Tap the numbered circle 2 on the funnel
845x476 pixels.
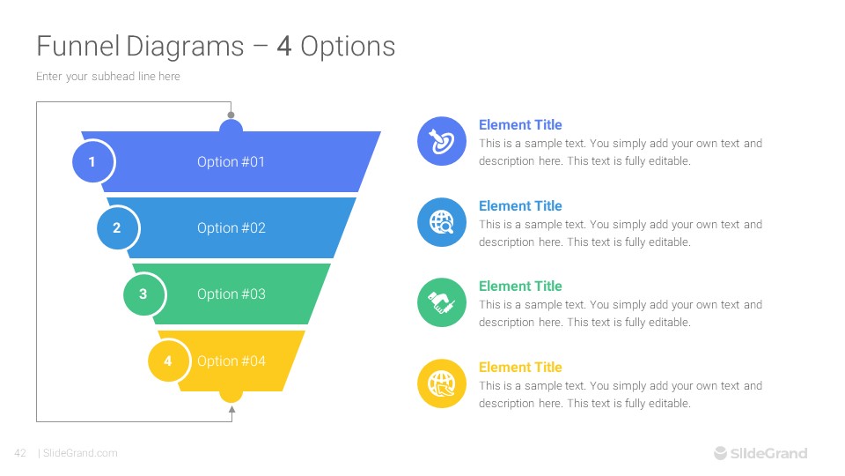[x=118, y=228]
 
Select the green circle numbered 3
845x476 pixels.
[x=143, y=294]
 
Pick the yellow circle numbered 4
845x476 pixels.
[x=169, y=361]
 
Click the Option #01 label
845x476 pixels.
[x=231, y=162]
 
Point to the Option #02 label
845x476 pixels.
[x=231, y=228]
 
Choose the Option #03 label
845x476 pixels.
[x=231, y=294]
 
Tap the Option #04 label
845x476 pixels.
[x=231, y=361]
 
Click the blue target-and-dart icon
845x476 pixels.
[x=441, y=141]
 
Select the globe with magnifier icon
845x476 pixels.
[x=441, y=222]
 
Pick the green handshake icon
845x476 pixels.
[x=441, y=302]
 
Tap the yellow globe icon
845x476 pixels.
[x=441, y=383]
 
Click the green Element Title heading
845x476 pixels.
[x=520, y=286]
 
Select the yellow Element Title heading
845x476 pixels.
[x=520, y=368]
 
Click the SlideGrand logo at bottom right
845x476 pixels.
[x=760, y=453]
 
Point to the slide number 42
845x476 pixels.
[x=20, y=453]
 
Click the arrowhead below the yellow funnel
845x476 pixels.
[x=231, y=407]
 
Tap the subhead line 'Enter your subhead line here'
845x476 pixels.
[x=108, y=77]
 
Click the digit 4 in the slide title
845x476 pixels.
[x=284, y=46]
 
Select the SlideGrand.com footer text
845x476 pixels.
[x=80, y=453]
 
